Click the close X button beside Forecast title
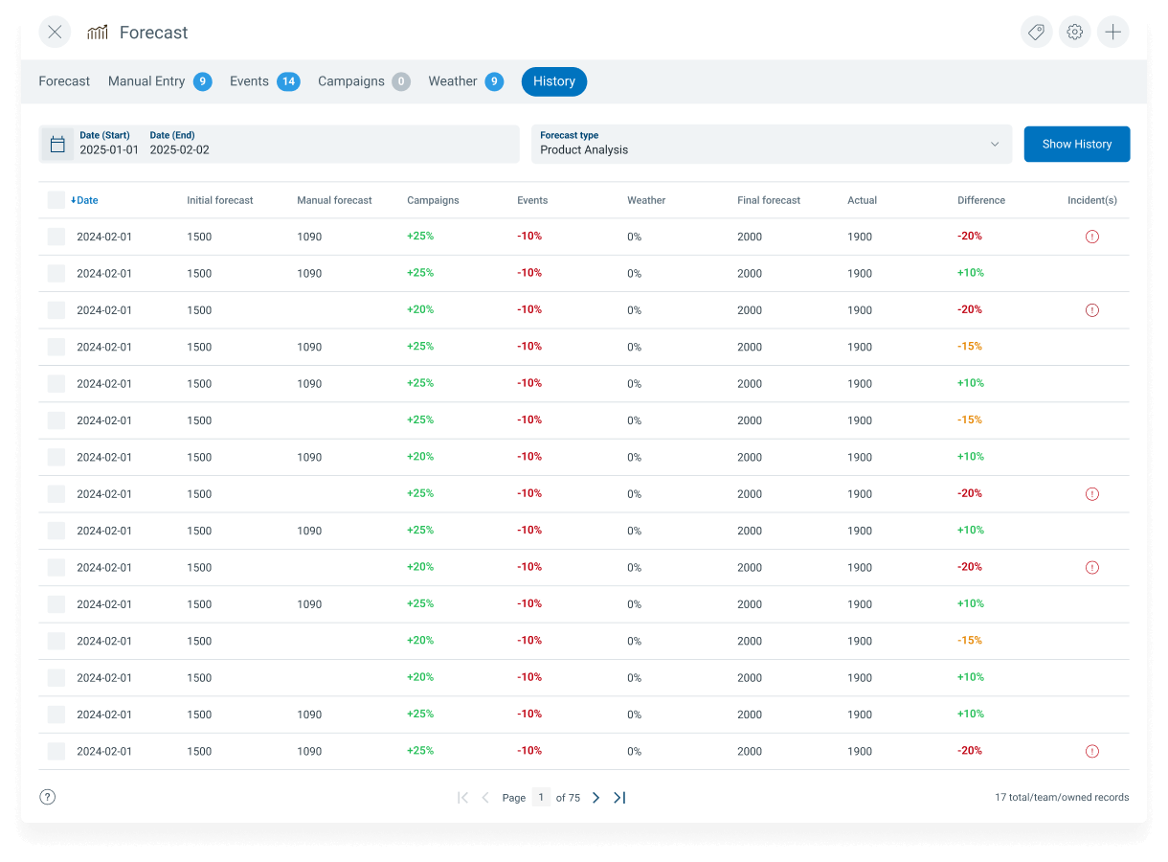pyautogui.click(x=55, y=33)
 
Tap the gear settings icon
pyautogui.click(x=1075, y=33)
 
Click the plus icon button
pyautogui.click(x=1112, y=33)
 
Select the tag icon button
pyautogui.click(x=1036, y=33)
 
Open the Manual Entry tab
pyautogui.click(x=160, y=81)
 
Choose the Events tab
pyautogui.click(x=265, y=81)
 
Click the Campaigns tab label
pyautogui.click(x=351, y=81)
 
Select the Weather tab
pyautogui.click(x=465, y=81)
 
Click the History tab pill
pyautogui.click(x=553, y=81)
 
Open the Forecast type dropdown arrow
pyautogui.click(x=995, y=144)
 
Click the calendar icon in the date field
pyautogui.click(x=57, y=144)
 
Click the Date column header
pyautogui.click(x=84, y=200)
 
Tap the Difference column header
pyautogui.click(x=980, y=200)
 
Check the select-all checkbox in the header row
pyautogui.click(x=56, y=200)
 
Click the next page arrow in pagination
pyautogui.click(x=595, y=797)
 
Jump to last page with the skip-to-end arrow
pyautogui.click(x=619, y=797)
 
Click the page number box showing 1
pyautogui.click(x=541, y=797)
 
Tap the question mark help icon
pyautogui.click(x=48, y=797)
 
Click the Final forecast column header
pyautogui.click(x=768, y=200)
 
